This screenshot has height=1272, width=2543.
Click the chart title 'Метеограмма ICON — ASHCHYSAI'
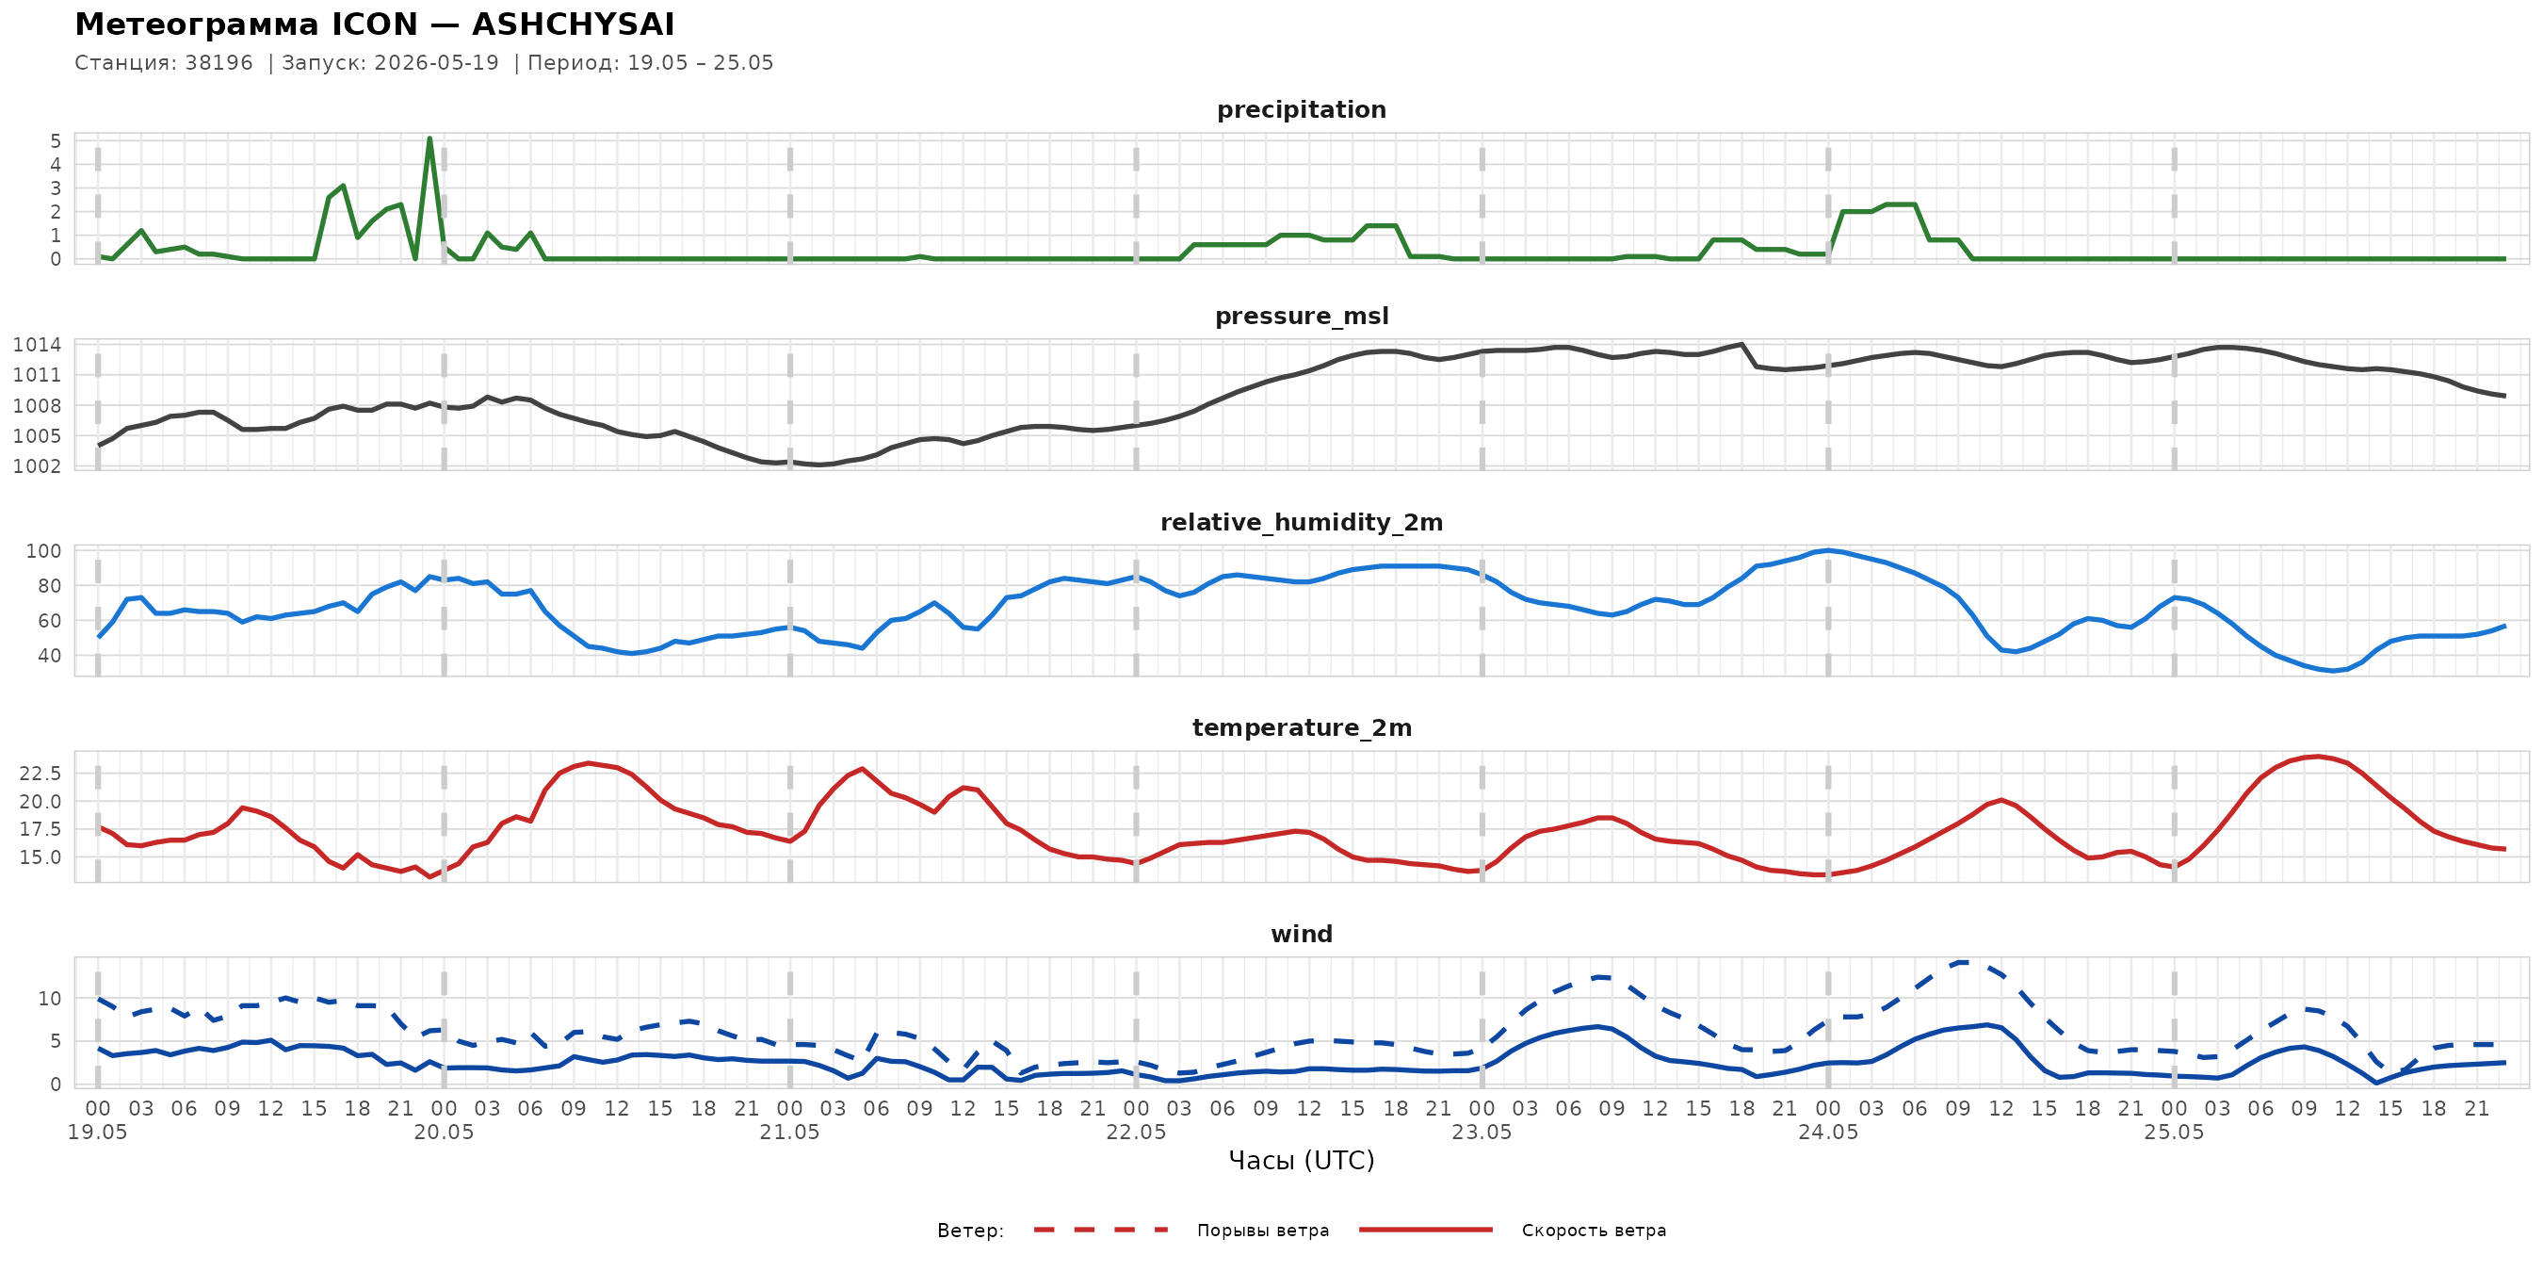click(x=375, y=24)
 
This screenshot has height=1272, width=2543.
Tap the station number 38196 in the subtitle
click(x=219, y=62)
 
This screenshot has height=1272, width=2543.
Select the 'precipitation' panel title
click(x=1301, y=109)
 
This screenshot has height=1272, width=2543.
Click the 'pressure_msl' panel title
click(x=1301, y=316)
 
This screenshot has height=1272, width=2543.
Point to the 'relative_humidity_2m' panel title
click(x=1301, y=522)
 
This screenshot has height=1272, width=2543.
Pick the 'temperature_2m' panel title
click(x=1301, y=727)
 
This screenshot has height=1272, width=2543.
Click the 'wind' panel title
click(x=1301, y=935)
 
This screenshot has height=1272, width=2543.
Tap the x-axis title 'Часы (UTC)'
click(x=1301, y=1161)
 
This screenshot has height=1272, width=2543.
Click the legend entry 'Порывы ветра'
click(x=1263, y=1231)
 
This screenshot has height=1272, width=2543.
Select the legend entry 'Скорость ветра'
click(x=1594, y=1231)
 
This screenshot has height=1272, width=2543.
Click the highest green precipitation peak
click(x=429, y=139)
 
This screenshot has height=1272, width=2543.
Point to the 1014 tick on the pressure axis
click(x=38, y=345)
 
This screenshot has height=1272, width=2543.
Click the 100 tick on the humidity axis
click(x=43, y=551)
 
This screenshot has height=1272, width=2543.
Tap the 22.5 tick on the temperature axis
click(x=40, y=774)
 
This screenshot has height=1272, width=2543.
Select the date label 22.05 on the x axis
click(x=1135, y=1133)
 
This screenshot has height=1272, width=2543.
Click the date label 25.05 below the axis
click(x=2174, y=1133)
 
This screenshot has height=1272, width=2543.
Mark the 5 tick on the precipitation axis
click(x=57, y=141)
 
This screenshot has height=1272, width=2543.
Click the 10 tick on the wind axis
click(x=50, y=999)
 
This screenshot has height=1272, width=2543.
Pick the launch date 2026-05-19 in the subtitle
click(x=436, y=62)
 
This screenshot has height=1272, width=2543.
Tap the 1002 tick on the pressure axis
click(x=38, y=466)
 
